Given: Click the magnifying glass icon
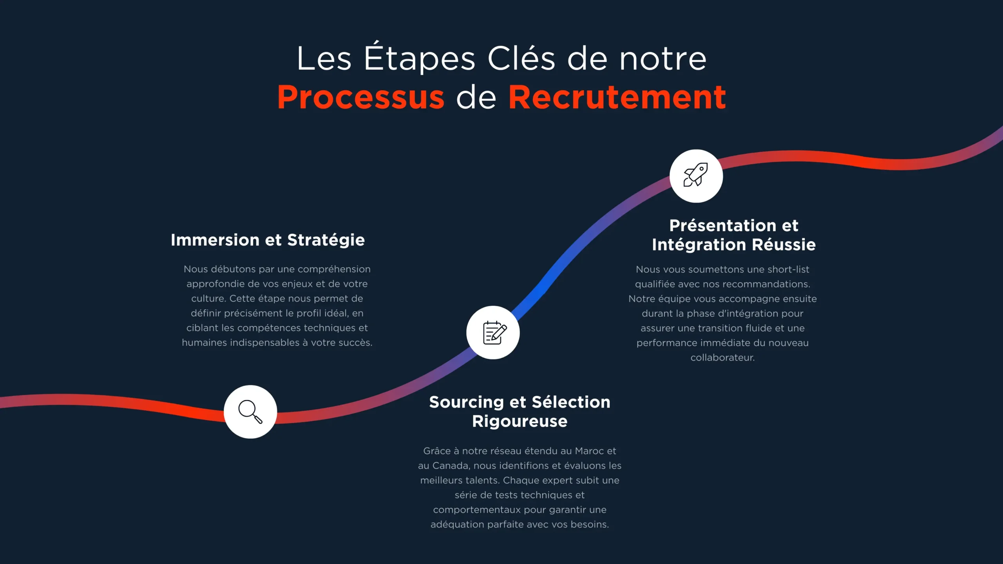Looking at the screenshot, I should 250,412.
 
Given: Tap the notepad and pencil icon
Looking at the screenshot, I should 493,333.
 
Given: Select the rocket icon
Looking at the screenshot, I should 696,176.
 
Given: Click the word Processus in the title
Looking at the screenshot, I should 361,97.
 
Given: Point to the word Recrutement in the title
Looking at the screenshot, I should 617,97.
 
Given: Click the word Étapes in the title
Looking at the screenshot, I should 420,59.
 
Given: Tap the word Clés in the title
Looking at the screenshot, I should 521,59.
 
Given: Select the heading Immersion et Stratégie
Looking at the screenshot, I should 268,240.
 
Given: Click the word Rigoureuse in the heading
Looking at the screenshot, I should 520,421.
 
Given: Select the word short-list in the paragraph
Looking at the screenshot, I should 788,269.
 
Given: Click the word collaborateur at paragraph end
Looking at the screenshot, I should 722,357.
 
